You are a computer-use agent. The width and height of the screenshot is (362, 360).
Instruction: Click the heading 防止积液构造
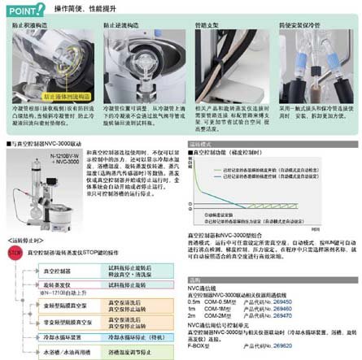tap(36, 28)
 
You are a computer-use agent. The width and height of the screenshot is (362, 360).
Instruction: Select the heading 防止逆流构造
tap(126, 28)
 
